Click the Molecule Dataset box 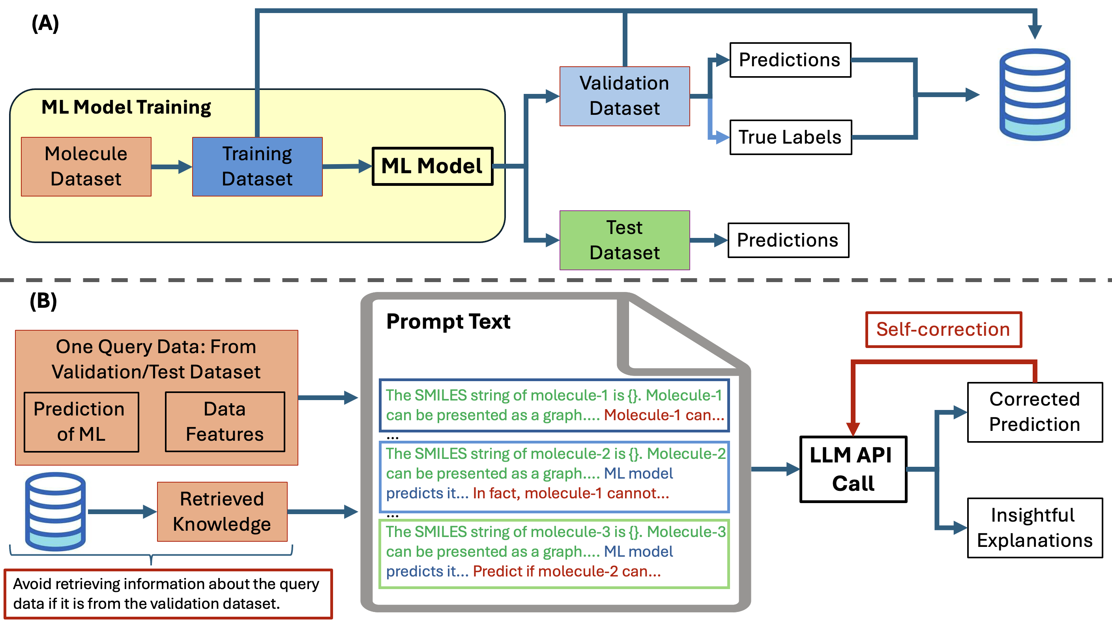pyautogui.click(x=86, y=167)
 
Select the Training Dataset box pyautogui.click(x=257, y=167)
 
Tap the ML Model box pyautogui.click(x=432, y=166)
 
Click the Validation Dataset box pyautogui.click(x=624, y=96)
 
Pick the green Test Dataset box pyautogui.click(x=624, y=240)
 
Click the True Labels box pyautogui.click(x=790, y=137)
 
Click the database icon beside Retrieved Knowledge pyautogui.click(x=55, y=511)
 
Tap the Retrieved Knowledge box pyautogui.click(x=222, y=511)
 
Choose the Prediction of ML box pyautogui.click(x=81, y=422)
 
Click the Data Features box pyautogui.click(x=225, y=422)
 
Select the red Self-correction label pyautogui.click(x=943, y=329)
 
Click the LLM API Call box pyautogui.click(x=853, y=469)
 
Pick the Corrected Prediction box pyautogui.click(x=1034, y=412)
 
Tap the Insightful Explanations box pyautogui.click(x=1034, y=528)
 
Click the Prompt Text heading pyautogui.click(x=448, y=322)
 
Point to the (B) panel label pyautogui.click(x=43, y=301)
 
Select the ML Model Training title pyautogui.click(x=126, y=107)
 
